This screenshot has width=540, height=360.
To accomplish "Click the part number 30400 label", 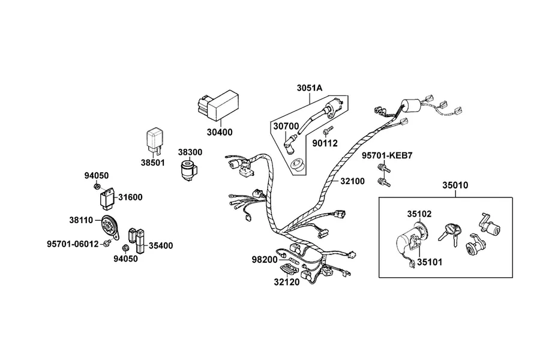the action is click(220, 132).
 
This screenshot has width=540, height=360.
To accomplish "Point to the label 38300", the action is click(190, 152).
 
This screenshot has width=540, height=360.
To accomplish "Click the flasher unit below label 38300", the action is click(189, 170).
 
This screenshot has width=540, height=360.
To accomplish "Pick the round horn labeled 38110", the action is click(110, 227).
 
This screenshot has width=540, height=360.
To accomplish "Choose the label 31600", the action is click(130, 197).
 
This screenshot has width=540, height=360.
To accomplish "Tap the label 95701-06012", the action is click(73, 244).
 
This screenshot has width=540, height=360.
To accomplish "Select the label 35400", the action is click(161, 245).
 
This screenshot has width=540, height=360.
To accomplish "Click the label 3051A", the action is click(310, 88).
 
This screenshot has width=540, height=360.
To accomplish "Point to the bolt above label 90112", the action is click(328, 130).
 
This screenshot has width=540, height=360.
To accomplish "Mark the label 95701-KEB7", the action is click(387, 156).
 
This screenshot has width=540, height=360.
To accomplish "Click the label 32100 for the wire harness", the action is click(352, 181).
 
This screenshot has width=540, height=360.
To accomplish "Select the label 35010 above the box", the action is click(455, 185).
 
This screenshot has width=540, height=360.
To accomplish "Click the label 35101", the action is click(430, 262).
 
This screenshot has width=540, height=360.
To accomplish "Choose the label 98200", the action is click(264, 260).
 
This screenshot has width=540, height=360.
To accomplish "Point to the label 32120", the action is click(287, 282).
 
